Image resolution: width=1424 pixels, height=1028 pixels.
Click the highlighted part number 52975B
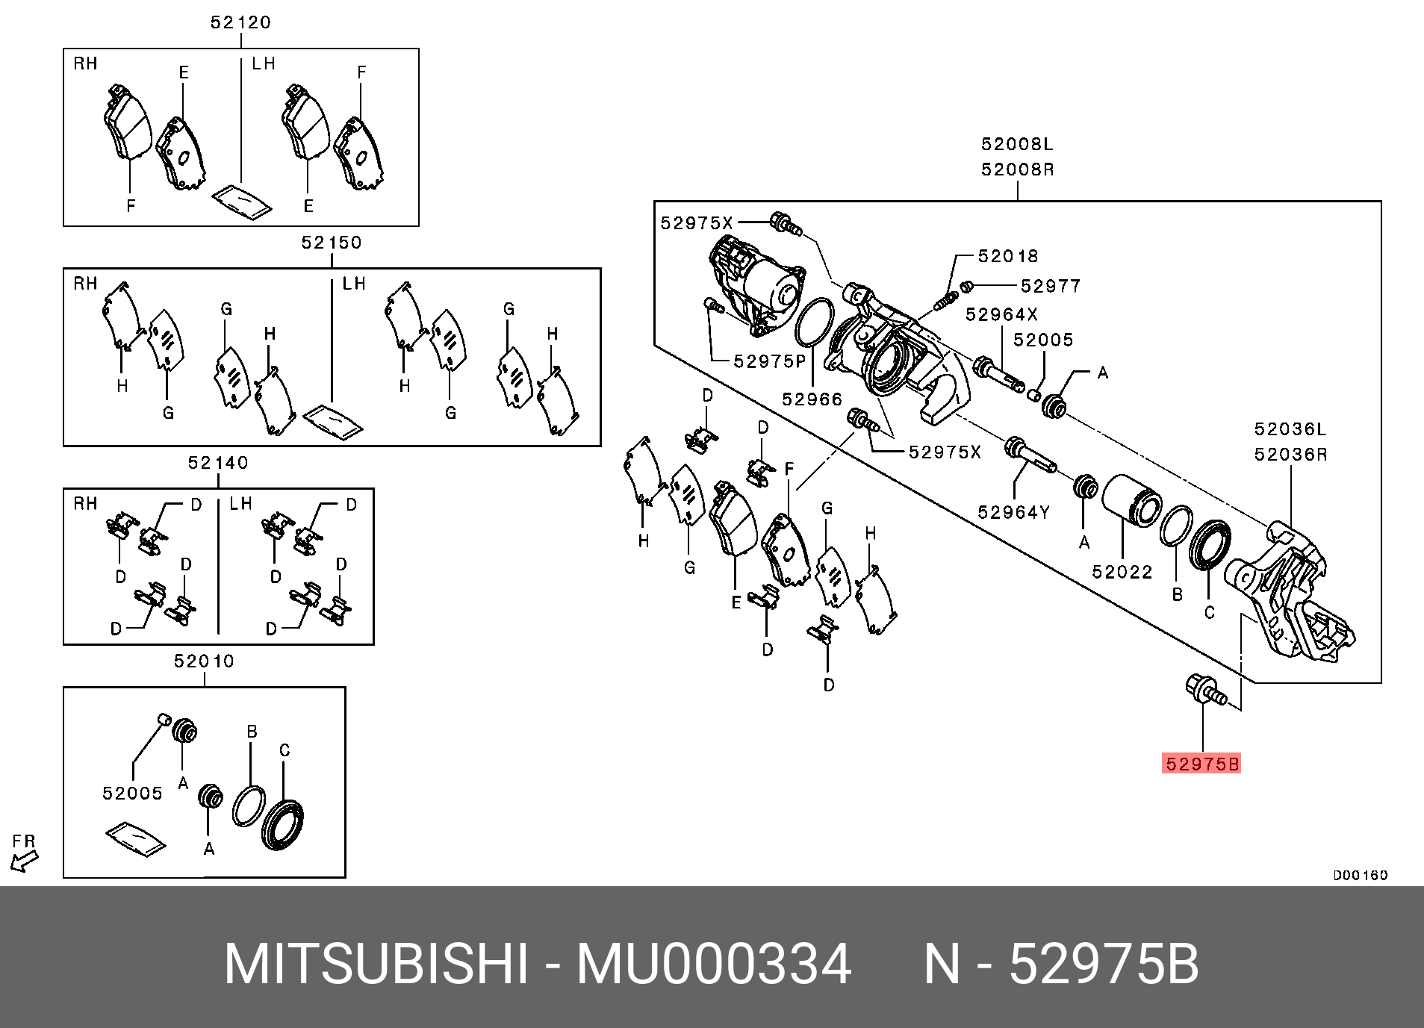point(1201,764)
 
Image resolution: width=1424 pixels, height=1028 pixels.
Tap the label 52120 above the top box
point(240,22)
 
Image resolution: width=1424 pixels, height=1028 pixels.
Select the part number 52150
point(332,243)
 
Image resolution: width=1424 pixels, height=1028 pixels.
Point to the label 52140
point(218,463)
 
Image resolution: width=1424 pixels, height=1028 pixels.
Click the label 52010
point(205,661)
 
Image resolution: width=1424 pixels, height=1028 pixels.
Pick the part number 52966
point(812,399)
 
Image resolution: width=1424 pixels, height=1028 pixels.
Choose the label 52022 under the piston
point(1122,572)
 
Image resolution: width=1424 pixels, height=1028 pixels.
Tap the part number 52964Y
point(1014,512)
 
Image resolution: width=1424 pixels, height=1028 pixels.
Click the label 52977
point(1051,286)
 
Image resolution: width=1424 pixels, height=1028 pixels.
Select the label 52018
point(1008,256)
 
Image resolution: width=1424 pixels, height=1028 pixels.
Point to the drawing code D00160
point(1361,875)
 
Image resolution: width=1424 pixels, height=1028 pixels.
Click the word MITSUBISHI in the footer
point(376,965)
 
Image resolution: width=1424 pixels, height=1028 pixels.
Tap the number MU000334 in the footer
point(713,965)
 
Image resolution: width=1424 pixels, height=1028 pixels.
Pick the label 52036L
point(1290,429)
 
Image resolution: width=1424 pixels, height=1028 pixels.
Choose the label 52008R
point(1017,169)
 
